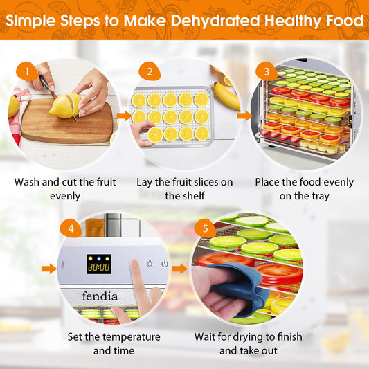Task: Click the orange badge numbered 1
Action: pyautogui.click(x=27, y=71)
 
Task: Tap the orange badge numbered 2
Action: pyautogui.click(x=150, y=71)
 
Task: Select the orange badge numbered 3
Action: pyautogui.click(x=267, y=71)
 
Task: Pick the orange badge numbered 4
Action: pyautogui.click(x=71, y=228)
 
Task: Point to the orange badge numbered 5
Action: pyautogui.click(x=205, y=228)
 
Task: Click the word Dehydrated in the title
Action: pyautogui.click(x=215, y=21)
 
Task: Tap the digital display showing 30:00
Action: pyautogui.click(x=99, y=264)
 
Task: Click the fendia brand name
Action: pyautogui.click(x=100, y=296)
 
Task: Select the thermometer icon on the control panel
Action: pyautogui.click(x=62, y=264)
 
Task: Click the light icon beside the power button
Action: pyautogui.click(x=150, y=264)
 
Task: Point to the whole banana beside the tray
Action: pyautogui.click(x=226, y=96)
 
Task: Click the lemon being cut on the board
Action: pyautogui.click(x=65, y=105)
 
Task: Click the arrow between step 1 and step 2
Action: pyautogui.click(x=124, y=116)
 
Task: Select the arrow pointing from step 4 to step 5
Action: pyautogui.click(x=179, y=269)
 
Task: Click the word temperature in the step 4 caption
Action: pyautogui.click(x=132, y=337)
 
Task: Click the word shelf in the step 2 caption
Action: pyautogui.click(x=194, y=195)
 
